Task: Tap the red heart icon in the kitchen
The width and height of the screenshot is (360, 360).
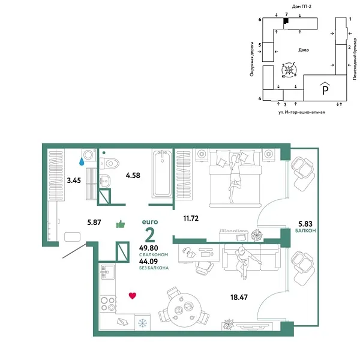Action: pyautogui.click(x=133, y=295)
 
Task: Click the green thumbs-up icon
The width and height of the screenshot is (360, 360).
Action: pyautogui.click(x=120, y=223)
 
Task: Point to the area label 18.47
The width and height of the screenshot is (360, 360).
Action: pyautogui.click(x=239, y=296)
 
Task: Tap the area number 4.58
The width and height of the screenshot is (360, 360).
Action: pyautogui.click(x=132, y=176)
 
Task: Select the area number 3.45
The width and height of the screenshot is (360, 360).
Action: pyautogui.click(x=74, y=179)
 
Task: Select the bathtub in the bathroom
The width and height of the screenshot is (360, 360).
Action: pyautogui.click(x=162, y=174)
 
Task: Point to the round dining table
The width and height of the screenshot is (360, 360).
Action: pyautogui.click(x=179, y=310)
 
